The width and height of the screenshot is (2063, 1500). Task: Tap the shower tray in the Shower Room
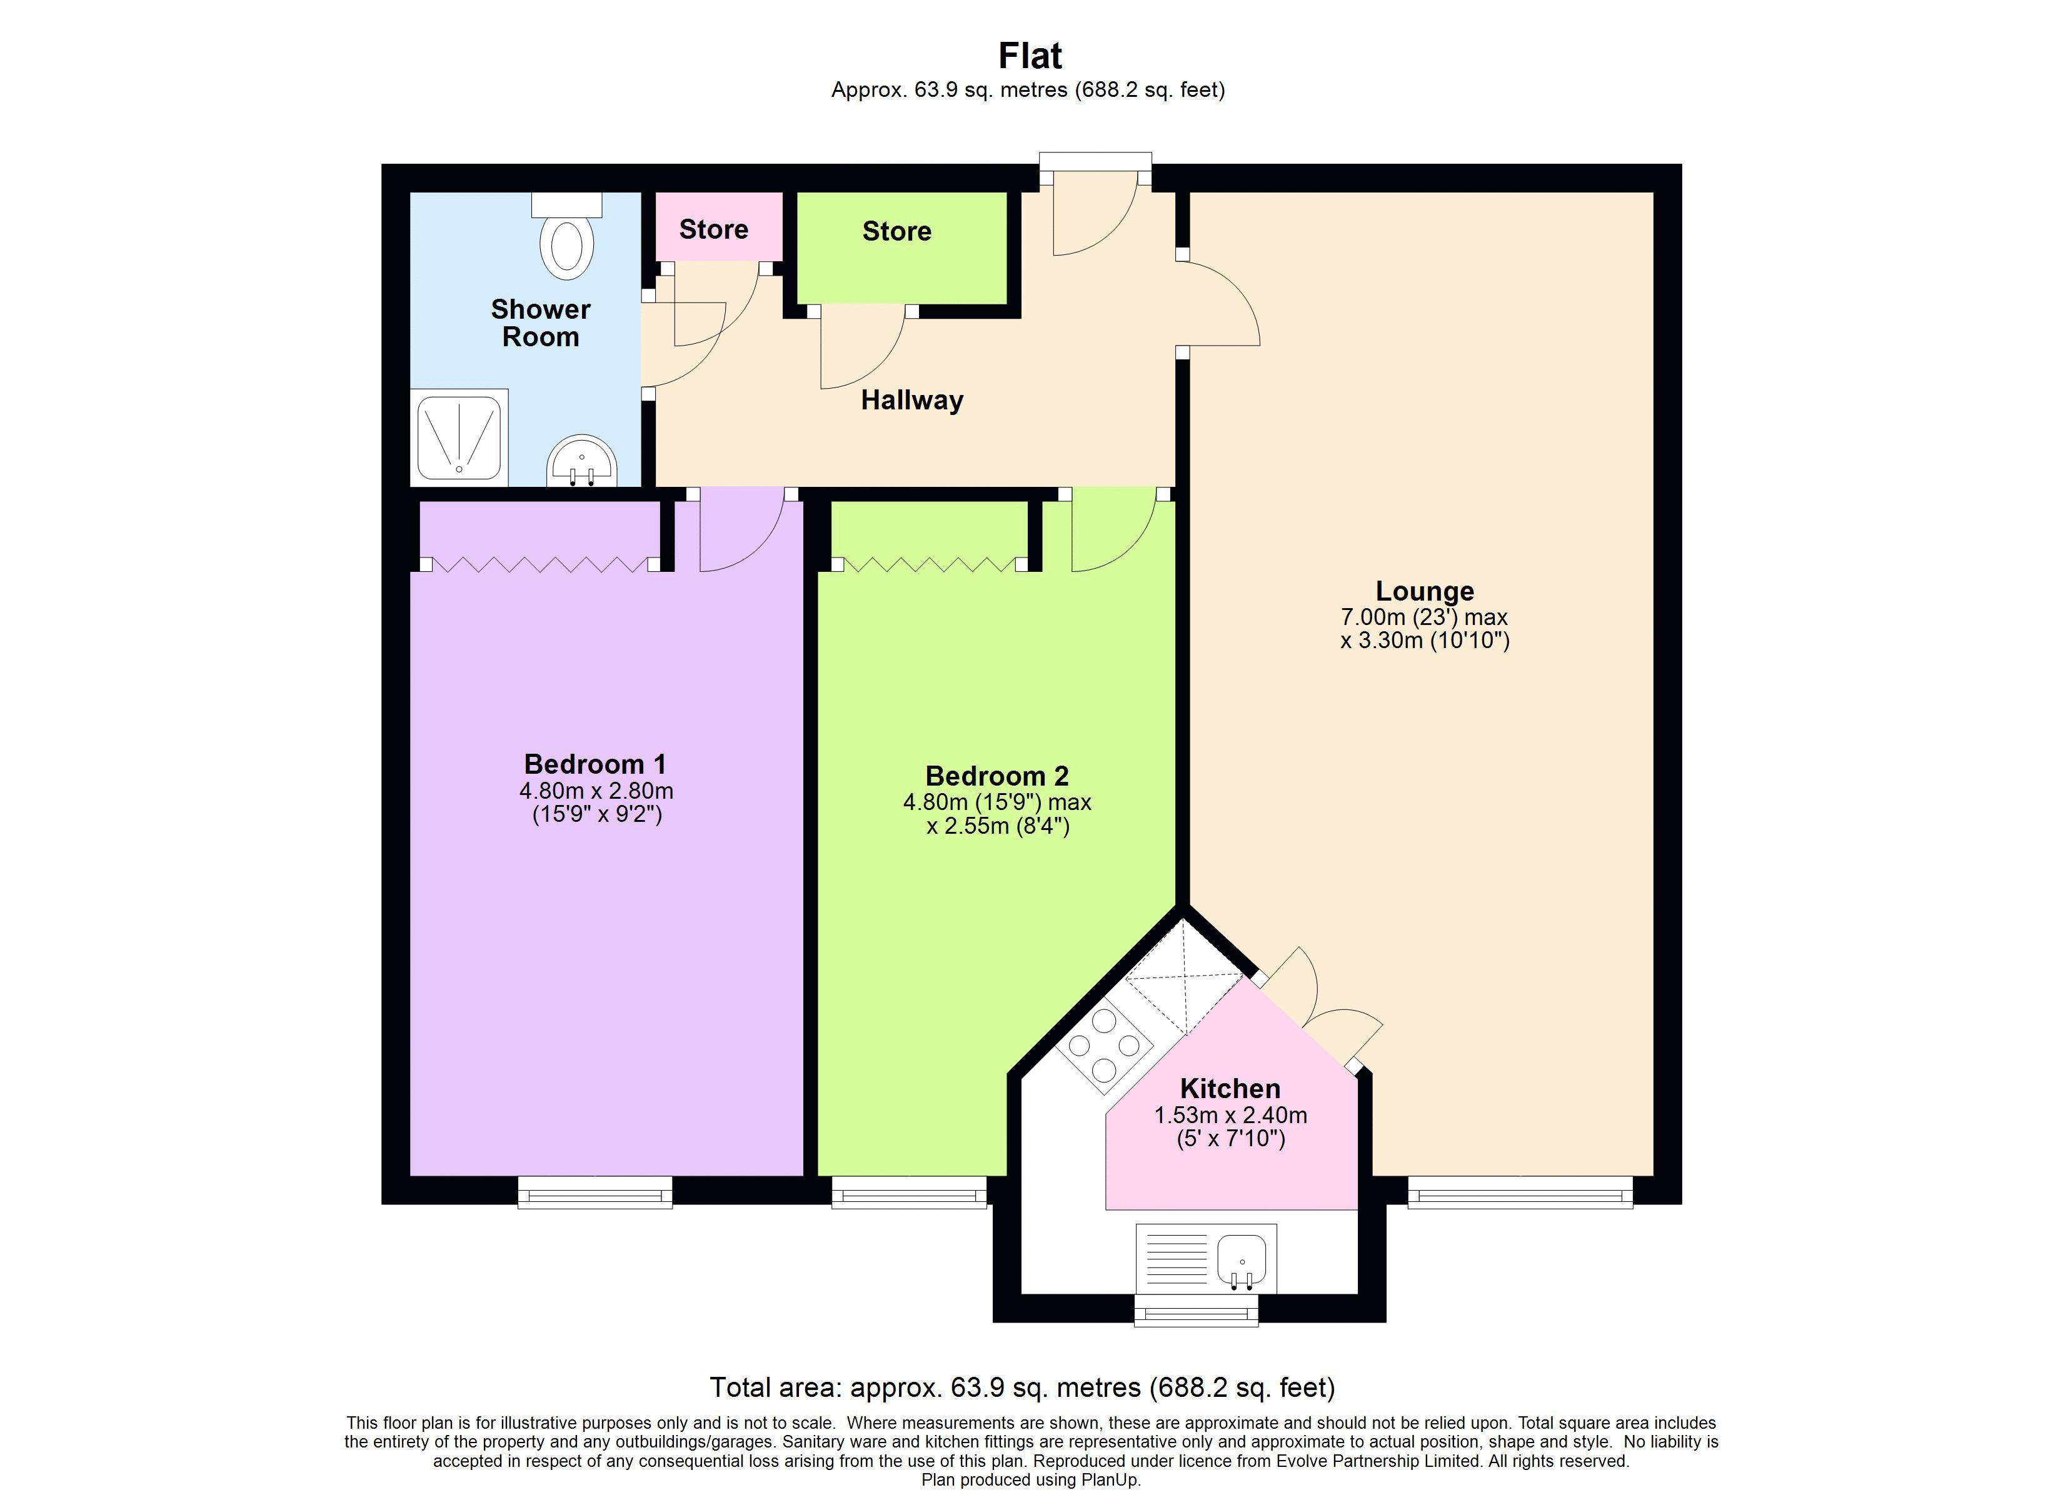point(459,437)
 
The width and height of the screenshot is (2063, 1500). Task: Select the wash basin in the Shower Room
point(582,462)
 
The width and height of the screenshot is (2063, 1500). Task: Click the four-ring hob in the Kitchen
point(1104,1046)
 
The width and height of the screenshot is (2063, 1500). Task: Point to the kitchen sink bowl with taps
point(1242,1261)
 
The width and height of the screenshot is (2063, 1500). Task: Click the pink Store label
point(713,229)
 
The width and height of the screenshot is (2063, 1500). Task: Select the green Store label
point(896,231)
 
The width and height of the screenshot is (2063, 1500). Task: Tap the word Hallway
point(911,400)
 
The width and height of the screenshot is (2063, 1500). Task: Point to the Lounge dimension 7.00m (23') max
point(1423,617)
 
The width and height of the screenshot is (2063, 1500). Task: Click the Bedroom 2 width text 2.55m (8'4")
point(997,826)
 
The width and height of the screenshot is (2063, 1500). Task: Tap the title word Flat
point(1030,56)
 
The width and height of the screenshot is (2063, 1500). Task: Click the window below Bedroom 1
point(595,1192)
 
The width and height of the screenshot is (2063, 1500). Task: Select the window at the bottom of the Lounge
point(1519,1192)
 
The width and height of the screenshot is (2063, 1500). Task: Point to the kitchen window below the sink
point(1196,1311)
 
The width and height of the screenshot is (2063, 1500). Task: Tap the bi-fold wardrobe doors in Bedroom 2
point(929,564)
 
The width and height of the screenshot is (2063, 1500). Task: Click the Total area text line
point(1021,1387)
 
